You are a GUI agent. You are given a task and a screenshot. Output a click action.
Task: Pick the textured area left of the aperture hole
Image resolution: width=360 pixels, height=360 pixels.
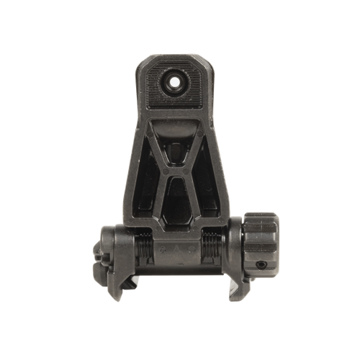tap(153, 81)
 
